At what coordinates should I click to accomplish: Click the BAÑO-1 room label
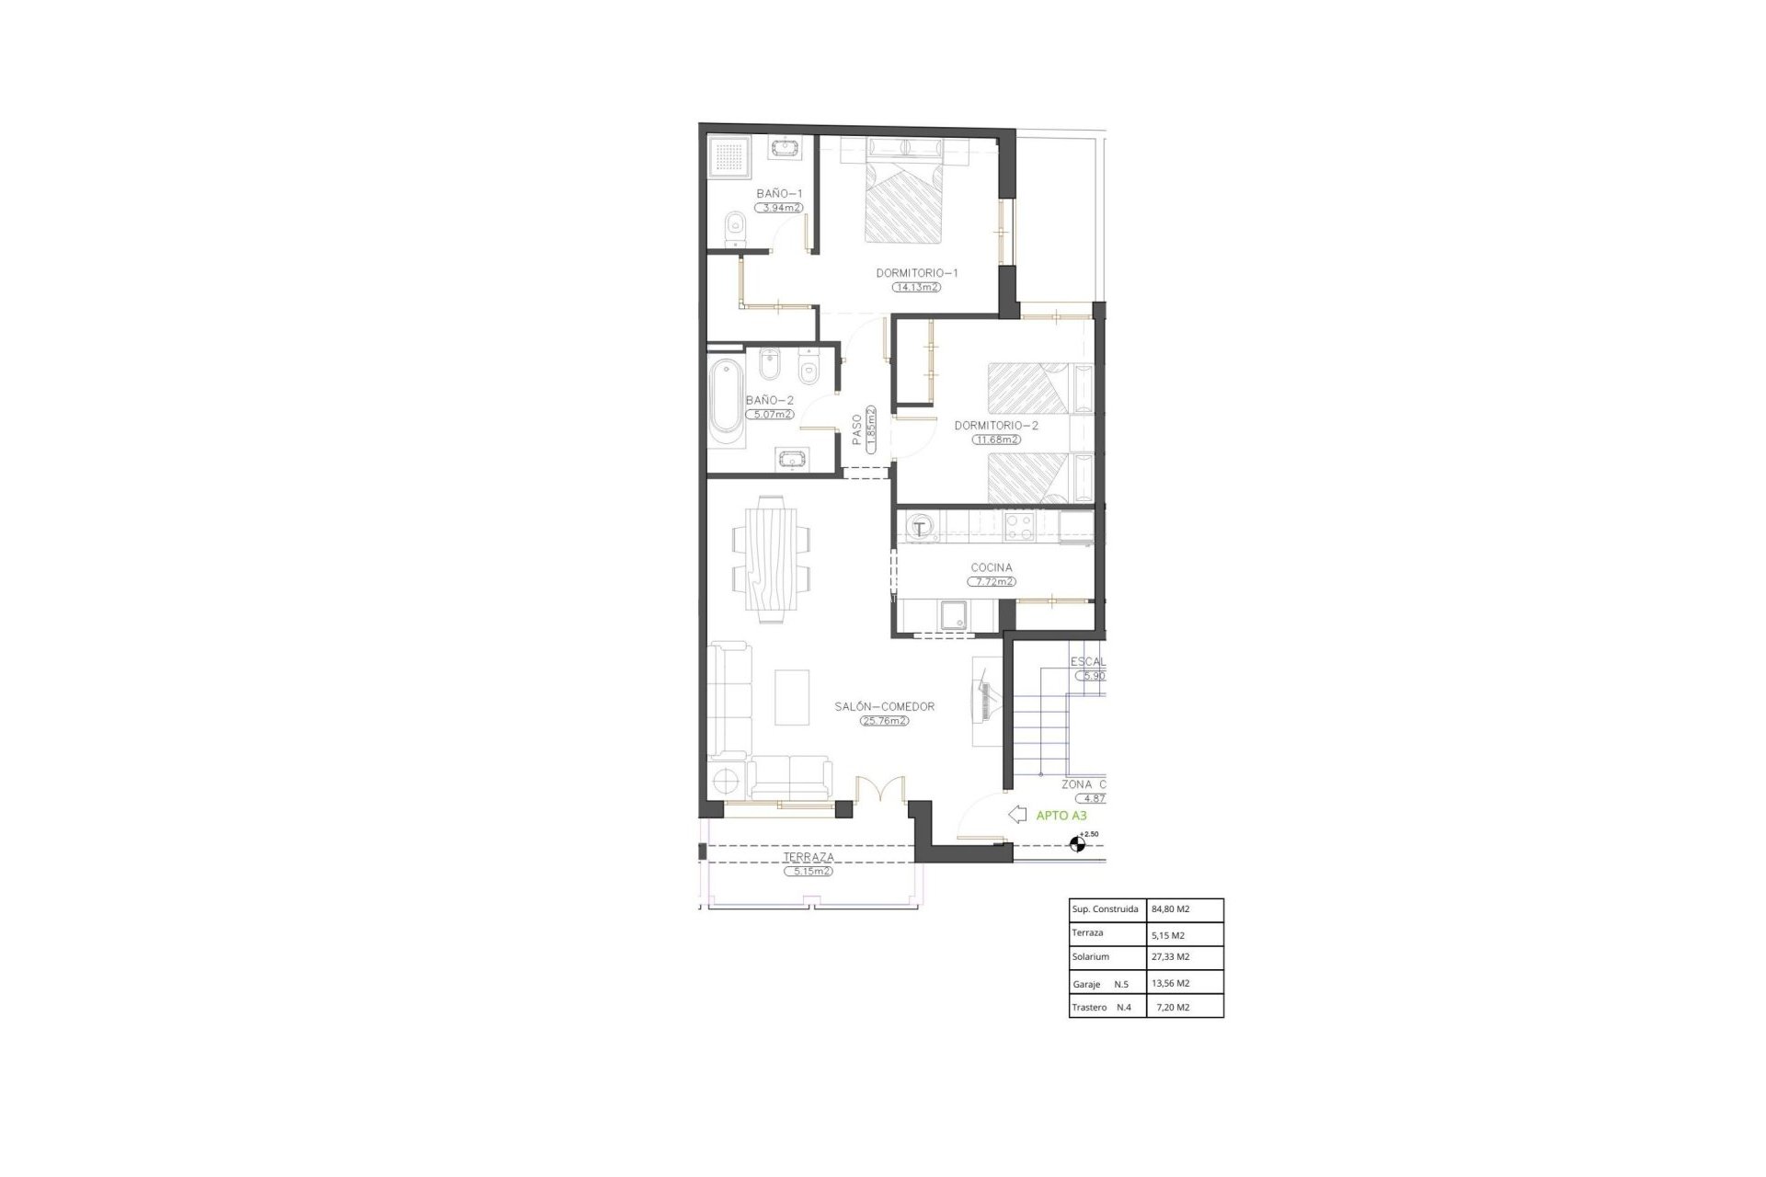(x=779, y=194)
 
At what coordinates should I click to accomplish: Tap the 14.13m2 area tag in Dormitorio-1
(x=916, y=287)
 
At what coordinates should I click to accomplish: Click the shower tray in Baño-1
(x=730, y=158)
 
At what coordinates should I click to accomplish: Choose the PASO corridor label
(x=857, y=429)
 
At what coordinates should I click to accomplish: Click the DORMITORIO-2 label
(x=996, y=426)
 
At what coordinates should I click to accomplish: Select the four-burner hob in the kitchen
(x=1018, y=527)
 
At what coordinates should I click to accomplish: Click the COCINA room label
(x=992, y=568)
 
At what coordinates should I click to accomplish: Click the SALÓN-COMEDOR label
(x=884, y=707)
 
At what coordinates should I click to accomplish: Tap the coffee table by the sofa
(x=791, y=697)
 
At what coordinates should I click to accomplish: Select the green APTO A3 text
(x=1061, y=815)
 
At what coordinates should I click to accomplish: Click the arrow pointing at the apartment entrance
(x=1017, y=815)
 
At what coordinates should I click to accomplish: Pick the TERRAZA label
(x=808, y=858)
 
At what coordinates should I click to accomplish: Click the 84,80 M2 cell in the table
(x=1170, y=909)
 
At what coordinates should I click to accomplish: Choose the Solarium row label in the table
(x=1090, y=957)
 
